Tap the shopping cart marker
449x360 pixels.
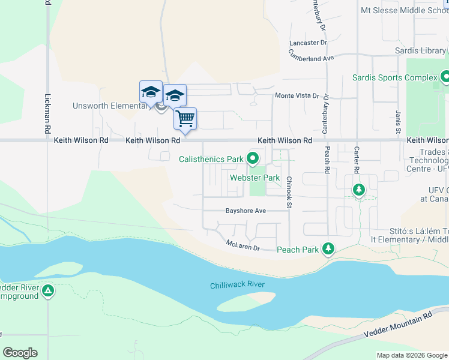click(185, 118)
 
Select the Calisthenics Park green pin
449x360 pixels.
click(253, 159)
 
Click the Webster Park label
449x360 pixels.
click(255, 178)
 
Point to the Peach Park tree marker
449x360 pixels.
click(328, 248)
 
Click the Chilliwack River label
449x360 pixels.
click(237, 286)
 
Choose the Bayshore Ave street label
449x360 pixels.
click(246, 211)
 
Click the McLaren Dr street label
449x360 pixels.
click(243, 245)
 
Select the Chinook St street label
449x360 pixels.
click(289, 192)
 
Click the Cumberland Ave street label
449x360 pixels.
click(311, 55)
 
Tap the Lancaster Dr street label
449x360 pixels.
click(307, 43)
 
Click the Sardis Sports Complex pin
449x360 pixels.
click(445, 77)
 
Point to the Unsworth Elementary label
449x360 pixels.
click(112, 106)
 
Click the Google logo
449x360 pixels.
click(20, 353)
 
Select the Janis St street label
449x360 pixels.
click(397, 122)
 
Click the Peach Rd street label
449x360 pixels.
click(328, 160)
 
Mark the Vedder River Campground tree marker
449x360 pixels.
click(48, 292)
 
